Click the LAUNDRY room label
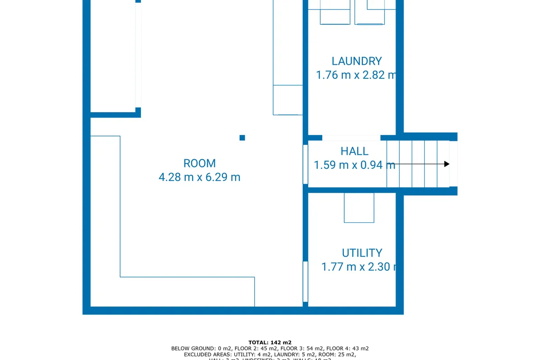pyautogui.click(x=356, y=61)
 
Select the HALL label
pyautogui.click(x=354, y=151)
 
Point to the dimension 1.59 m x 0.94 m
pyautogui.click(x=354, y=165)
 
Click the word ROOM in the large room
pyautogui.click(x=199, y=163)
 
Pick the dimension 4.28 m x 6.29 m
pyautogui.click(x=199, y=177)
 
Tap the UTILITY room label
pyautogui.click(x=362, y=253)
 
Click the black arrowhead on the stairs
pyautogui.click(x=446, y=164)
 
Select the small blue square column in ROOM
pyautogui.click(x=242, y=138)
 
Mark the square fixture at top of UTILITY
pyautogui.click(x=359, y=207)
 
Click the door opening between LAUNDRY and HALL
pyautogui.click(x=351, y=138)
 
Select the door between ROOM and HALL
pyautogui.click(x=305, y=164)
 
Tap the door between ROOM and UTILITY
pyautogui.click(x=305, y=281)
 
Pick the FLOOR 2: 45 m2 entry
pyautogui.click(x=253, y=349)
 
